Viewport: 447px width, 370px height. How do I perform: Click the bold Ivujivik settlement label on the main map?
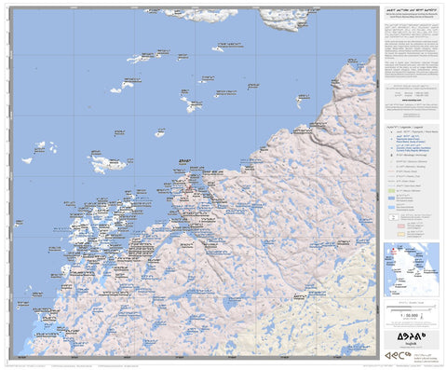pos(181,161)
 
